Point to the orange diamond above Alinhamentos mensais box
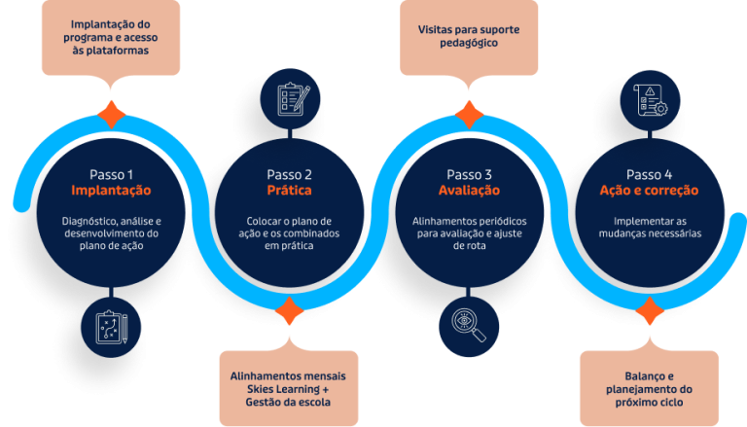(289, 311)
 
